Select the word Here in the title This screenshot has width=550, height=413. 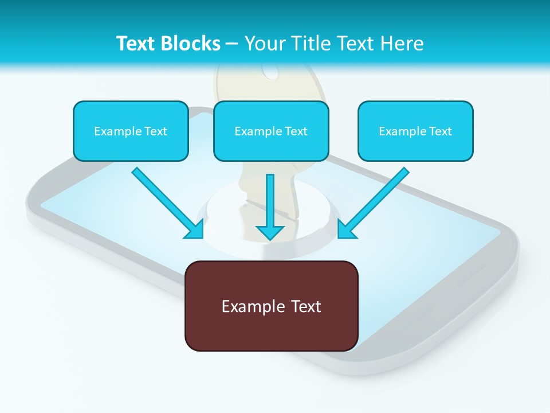pyautogui.click(x=401, y=44)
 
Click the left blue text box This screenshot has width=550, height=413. pyautogui.click(x=131, y=131)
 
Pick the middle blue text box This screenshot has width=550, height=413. pyautogui.click(x=271, y=131)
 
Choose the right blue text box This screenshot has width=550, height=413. pyautogui.click(x=415, y=131)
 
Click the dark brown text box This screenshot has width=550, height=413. pyautogui.click(x=271, y=306)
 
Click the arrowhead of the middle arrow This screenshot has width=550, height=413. pyautogui.click(x=270, y=232)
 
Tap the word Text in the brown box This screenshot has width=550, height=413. pyautogui.click(x=306, y=306)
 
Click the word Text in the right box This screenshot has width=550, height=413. pyautogui.click(x=441, y=131)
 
